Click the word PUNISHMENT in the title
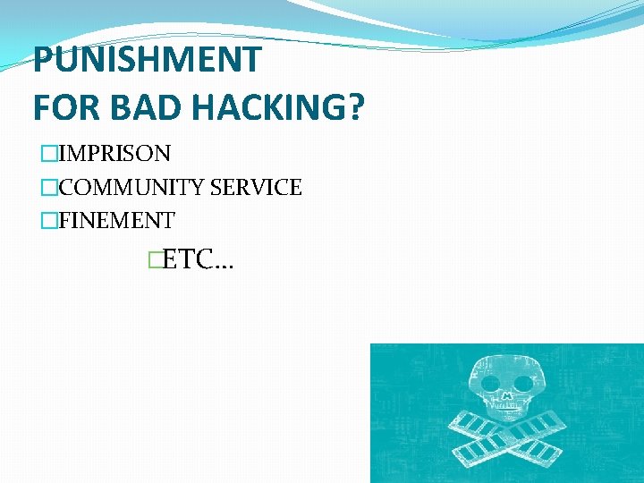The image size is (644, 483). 147,61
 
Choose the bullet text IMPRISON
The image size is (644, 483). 114,154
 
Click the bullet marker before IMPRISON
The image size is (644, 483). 49,154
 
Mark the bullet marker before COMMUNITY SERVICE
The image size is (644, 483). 49,188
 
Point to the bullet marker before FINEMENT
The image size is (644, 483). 49,220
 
